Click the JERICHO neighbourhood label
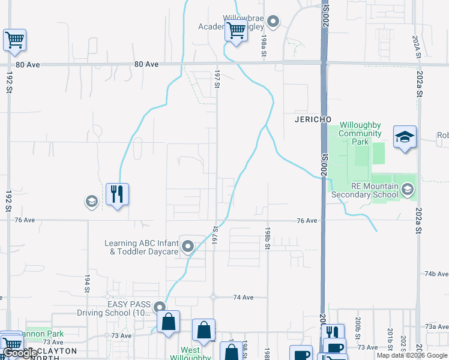click(313, 119)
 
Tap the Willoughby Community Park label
click(360, 133)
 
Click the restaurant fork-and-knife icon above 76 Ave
click(117, 194)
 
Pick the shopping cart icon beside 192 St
click(14, 40)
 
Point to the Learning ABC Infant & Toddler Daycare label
click(142, 247)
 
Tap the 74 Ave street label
click(243, 297)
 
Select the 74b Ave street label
click(437, 274)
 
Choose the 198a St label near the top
click(264, 45)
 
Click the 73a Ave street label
click(437, 326)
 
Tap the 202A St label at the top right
click(415, 45)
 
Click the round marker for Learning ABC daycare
click(188, 246)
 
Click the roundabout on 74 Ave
click(213, 296)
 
